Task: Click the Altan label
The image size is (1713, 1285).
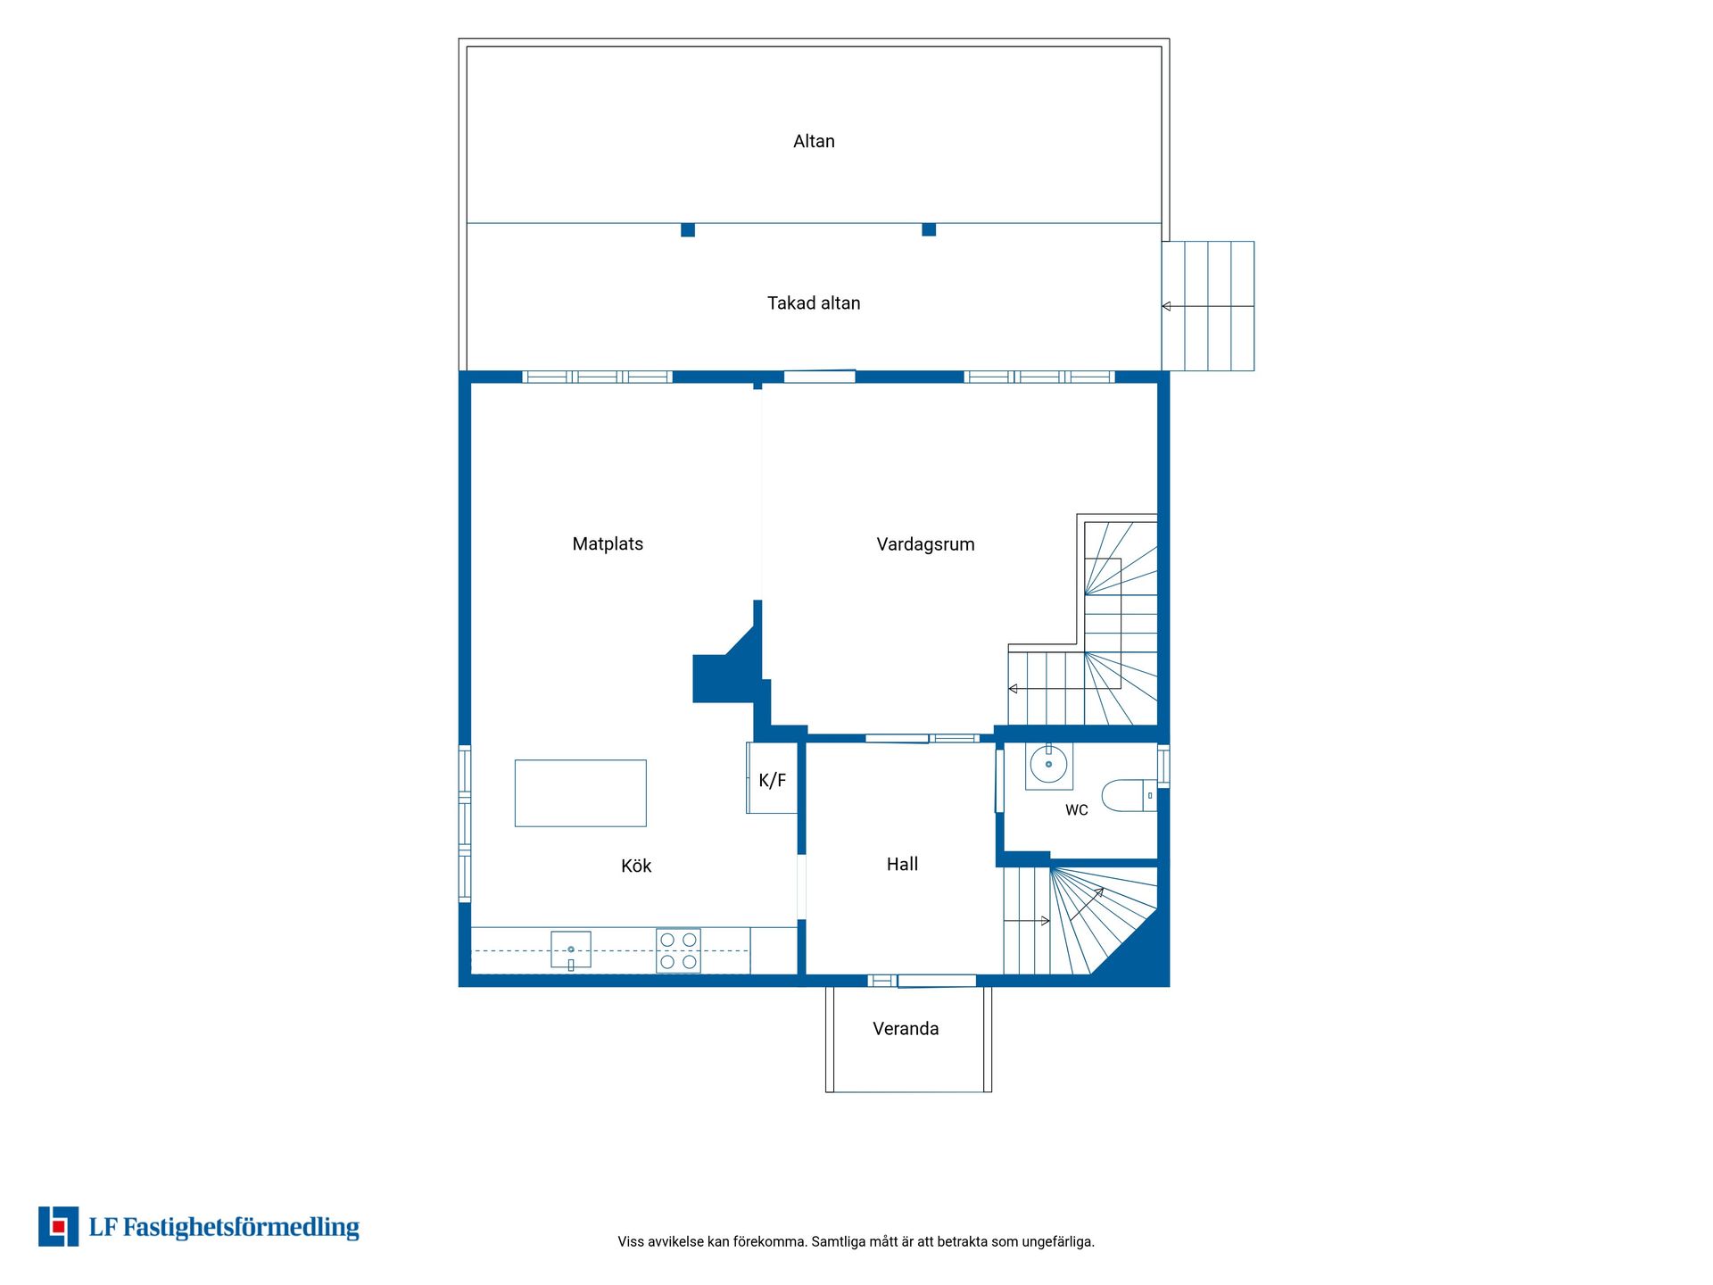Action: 814,141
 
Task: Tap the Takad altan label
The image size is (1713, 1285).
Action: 814,303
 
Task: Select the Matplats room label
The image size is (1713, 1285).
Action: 608,544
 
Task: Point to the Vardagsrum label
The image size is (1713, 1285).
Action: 925,544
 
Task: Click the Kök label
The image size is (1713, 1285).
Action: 636,866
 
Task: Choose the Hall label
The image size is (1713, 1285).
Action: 902,864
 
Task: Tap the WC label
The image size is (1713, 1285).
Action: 1077,810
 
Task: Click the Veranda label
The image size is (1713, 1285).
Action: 906,1029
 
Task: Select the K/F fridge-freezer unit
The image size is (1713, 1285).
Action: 772,778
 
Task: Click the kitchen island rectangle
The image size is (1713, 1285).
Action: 581,793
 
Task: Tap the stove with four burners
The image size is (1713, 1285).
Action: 678,950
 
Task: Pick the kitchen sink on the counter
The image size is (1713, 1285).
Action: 571,949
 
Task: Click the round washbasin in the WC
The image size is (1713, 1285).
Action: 1048,765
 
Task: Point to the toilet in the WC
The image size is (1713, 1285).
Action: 1130,795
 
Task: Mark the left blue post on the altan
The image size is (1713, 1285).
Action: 688,230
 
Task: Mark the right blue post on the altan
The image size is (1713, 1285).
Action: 929,230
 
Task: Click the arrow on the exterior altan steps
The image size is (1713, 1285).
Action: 1208,306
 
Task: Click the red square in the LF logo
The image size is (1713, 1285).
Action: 59,1227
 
